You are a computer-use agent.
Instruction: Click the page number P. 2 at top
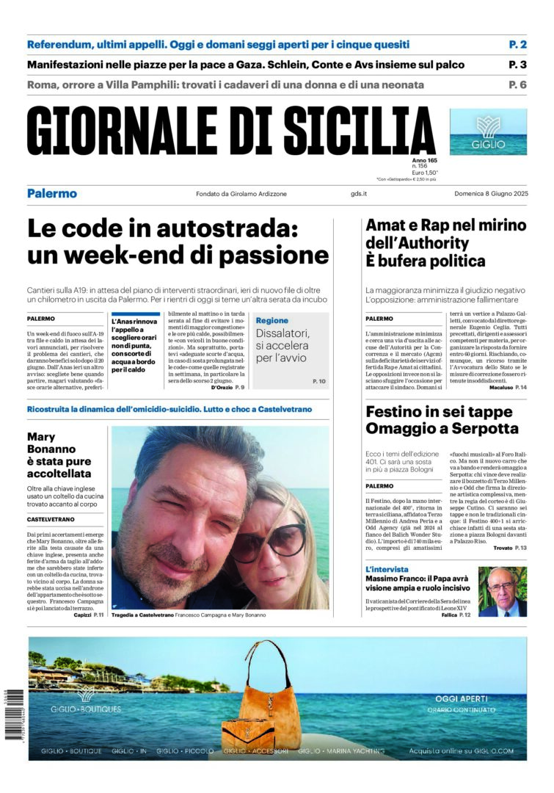click(x=518, y=45)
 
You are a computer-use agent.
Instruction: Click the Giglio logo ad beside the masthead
click(x=488, y=132)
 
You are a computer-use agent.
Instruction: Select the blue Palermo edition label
click(x=52, y=194)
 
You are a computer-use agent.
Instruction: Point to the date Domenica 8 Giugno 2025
click(x=490, y=194)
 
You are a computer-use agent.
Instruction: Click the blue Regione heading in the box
click(x=272, y=321)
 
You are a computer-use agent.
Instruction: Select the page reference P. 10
click(x=318, y=382)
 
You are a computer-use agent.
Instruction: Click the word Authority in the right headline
click(x=428, y=243)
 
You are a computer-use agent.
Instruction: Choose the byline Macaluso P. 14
click(x=506, y=386)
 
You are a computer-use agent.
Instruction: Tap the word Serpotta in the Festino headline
click(x=479, y=428)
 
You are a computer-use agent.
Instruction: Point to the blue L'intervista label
click(x=387, y=570)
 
